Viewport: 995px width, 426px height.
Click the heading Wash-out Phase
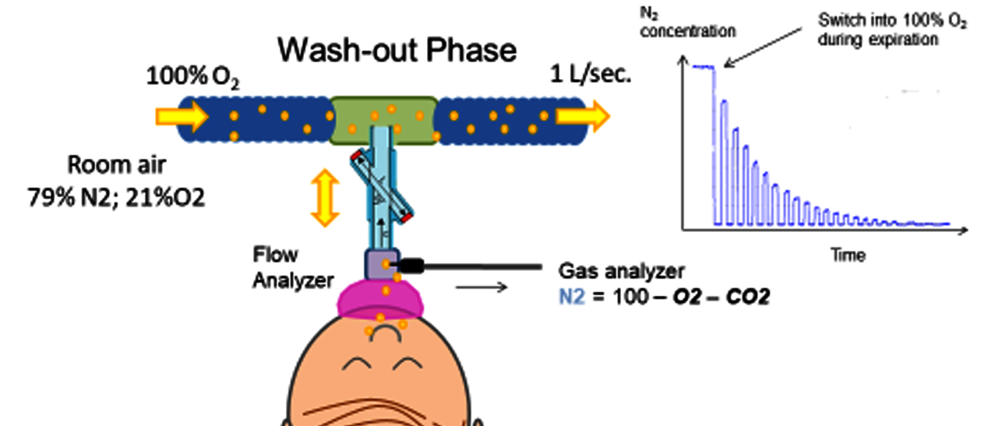tap(397, 50)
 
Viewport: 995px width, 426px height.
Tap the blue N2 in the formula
tap(570, 296)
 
